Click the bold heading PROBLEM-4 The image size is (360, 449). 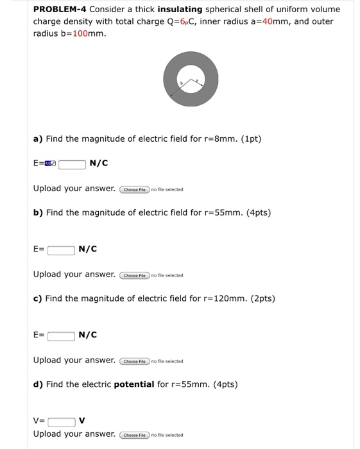60,9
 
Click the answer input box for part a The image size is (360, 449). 73,164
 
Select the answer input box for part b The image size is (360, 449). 61,250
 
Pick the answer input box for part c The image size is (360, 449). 61,335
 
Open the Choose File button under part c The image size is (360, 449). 134,361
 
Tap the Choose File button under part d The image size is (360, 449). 134,435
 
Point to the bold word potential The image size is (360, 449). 134,384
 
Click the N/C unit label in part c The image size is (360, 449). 87,335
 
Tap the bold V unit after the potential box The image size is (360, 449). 82,421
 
